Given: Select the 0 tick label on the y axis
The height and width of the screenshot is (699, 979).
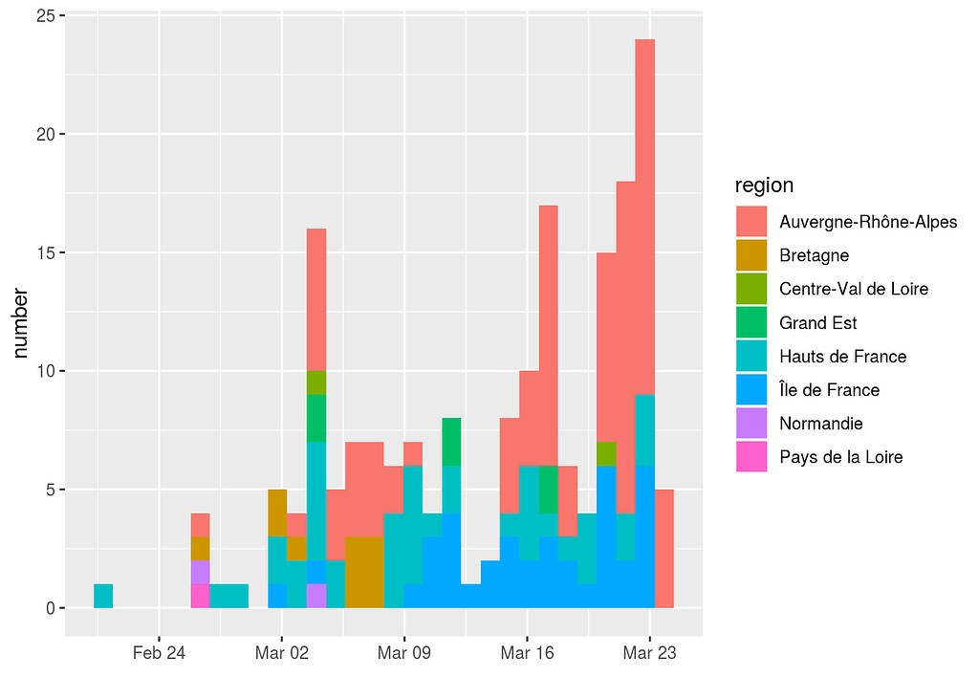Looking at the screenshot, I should pyautogui.click(x=49, y=608).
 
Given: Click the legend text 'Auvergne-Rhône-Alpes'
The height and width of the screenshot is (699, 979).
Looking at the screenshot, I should pyautogui.click(x=868, y=222).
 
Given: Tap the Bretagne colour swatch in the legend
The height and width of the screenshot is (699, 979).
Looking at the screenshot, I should pyautogui.click(x=751, y=255).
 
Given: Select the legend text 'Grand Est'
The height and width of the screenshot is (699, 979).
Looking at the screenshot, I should pyautogui.click(x=817, y=322).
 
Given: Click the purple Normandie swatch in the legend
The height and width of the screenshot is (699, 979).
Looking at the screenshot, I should pyautogui.click(x=751, y=423).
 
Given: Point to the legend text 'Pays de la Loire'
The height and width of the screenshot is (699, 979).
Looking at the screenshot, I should pyautogui.click(x=840, y=456).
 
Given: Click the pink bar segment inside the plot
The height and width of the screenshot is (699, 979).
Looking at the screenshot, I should pyautogui.click(x=200, y=596).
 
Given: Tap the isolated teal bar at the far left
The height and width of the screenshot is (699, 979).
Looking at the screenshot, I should pyautogui.click(x=103, y=596).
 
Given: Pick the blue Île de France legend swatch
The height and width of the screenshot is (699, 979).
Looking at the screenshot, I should pyautogui.click(x=751, y=389).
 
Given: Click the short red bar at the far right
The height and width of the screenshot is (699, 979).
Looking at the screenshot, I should pyautogui.click(x=664, y=549).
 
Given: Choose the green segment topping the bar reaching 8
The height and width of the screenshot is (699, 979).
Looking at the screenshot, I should pyautogui.click(x=451, y=442).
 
